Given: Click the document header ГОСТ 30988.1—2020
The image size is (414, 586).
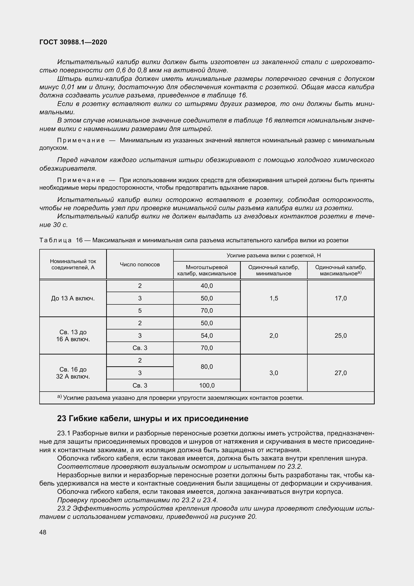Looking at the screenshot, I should click(73, 42).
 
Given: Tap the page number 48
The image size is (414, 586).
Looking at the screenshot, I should click(43, 532).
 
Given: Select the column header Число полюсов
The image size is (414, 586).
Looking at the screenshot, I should click(140, 264).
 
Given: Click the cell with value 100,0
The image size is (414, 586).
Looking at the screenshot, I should click(207, 385).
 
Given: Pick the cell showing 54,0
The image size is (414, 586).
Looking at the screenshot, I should click(207, 336).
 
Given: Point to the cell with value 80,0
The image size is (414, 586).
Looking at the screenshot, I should click(207, 367).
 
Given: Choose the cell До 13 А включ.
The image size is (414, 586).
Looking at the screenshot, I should click(73, 298).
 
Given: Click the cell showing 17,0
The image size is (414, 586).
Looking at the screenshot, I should click(341, 298).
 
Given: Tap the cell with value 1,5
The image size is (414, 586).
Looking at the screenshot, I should click(274, 298).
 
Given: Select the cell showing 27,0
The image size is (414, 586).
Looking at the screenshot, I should click(341, 373).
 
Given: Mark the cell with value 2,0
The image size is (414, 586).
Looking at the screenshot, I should click(274, 336).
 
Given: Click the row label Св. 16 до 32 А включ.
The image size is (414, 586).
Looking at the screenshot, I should click(73, 373).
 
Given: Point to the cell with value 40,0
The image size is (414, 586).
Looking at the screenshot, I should click(207, 286).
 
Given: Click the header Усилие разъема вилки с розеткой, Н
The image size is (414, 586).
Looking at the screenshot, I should click(274, 256).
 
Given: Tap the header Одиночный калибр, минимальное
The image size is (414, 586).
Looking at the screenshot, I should click(274, 270).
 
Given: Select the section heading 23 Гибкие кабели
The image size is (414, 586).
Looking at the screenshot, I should click(153, 419).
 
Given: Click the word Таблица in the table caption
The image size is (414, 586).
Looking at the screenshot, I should click(56, 240).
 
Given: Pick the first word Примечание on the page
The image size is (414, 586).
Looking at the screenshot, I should click(81, 140).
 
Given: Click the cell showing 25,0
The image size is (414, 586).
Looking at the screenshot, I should click(341, 336).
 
